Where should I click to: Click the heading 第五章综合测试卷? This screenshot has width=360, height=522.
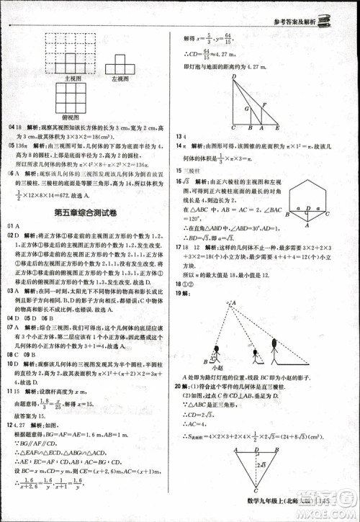pyautogui.click(x=91, y=213)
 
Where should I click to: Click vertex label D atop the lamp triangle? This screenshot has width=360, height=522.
pyautogui.click(x=232, y=73)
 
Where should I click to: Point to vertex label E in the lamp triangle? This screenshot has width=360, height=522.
pyautogui.click(x=279, y=127)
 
